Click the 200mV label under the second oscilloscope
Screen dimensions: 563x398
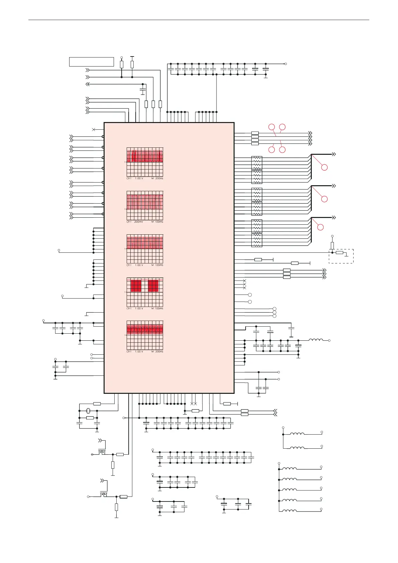pos(139,222)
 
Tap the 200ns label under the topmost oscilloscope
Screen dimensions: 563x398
pos(159,179)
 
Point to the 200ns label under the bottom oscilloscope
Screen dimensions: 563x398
pos(159,352)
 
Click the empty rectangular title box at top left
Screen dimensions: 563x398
pos(91,62)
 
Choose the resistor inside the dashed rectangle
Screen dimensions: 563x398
pos(340,253)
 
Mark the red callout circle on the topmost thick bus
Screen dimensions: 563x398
pos(324,167)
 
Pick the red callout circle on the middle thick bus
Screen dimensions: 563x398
pos(324,199)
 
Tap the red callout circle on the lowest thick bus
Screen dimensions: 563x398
pos(320,227)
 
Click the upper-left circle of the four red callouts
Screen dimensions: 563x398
pos(272,127)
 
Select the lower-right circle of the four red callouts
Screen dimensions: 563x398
pos(282,150)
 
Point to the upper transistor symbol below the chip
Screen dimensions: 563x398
pos(102,452)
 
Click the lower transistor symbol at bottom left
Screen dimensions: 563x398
pos(104,494)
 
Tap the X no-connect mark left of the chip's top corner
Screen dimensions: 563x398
pos(94,129)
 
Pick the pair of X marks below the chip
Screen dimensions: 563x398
pos(193,404)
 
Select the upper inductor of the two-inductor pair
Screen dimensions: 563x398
pos(297,434)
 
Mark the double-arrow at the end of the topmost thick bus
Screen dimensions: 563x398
pos(333,154)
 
